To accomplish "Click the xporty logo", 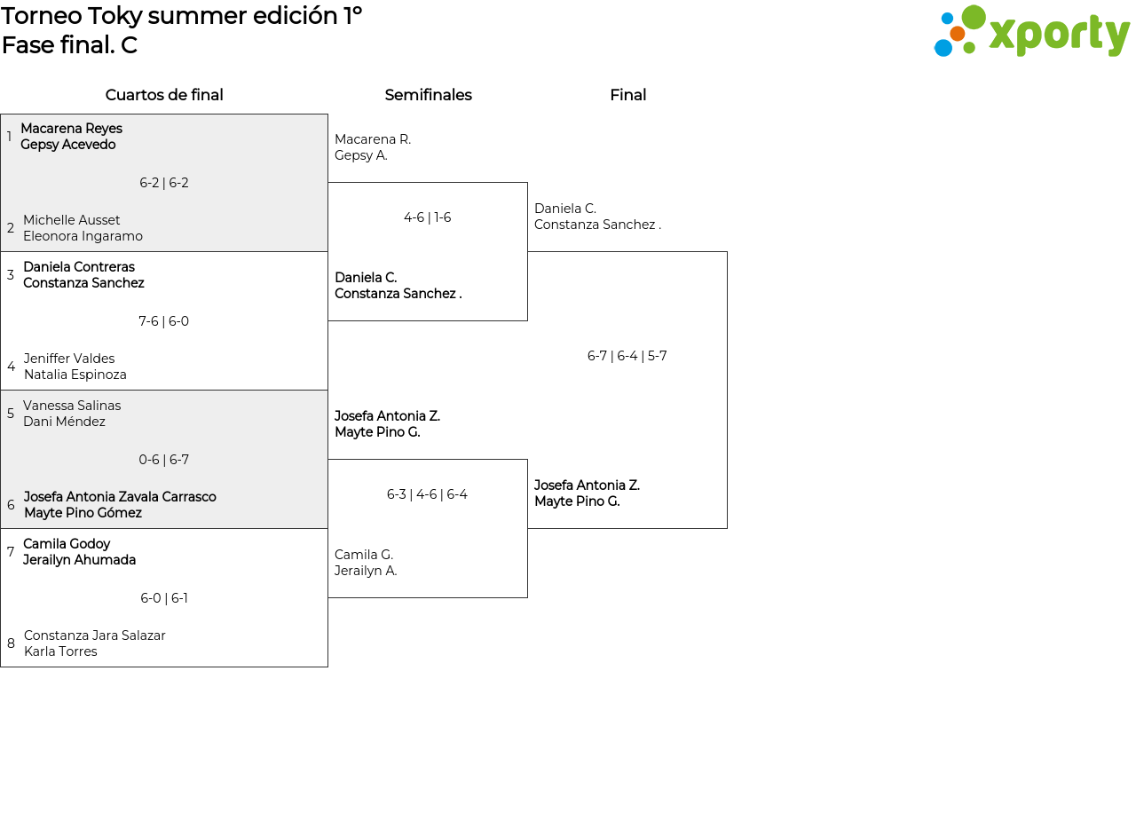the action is [1031, 30].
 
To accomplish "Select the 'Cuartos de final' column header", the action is [164, 95].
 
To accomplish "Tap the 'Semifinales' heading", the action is [428, 95].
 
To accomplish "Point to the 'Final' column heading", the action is [627, 95].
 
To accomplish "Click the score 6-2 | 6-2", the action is [164, 183].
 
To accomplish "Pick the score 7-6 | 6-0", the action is [164, 321].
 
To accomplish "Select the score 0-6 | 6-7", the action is [164, 460].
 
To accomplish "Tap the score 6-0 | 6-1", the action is [164, 598].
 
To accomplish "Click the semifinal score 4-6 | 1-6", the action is [427, 217].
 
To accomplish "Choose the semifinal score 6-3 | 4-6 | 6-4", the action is [427, 494].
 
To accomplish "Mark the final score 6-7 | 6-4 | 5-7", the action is [627, 356].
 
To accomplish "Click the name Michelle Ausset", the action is [72, 219].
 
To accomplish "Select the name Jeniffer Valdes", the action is [69, 358].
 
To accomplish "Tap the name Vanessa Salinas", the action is [72, 406].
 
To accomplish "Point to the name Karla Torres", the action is [60, 651].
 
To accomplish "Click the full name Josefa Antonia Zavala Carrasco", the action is [120, 496].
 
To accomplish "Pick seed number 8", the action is [11, 643].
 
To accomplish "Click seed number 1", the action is [9, 136].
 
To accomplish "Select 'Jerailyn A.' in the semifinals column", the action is [366, 571].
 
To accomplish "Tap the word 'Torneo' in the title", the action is [42, 16].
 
